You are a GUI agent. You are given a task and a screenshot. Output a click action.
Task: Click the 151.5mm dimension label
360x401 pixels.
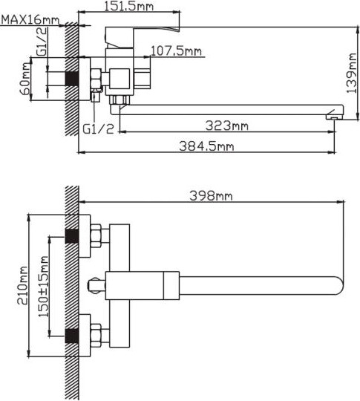tap(129, 6)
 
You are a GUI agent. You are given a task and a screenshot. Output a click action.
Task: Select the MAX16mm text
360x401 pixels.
tap(30, 20)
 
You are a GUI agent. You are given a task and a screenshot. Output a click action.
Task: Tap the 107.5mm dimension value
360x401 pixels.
tap(176, 51)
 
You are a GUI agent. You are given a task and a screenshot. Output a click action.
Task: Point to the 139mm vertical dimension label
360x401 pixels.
tap(352, 74)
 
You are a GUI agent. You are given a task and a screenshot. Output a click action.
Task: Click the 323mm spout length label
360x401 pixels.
tap(227, 125)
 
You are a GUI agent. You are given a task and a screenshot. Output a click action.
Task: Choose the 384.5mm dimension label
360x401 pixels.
tap(206, 146)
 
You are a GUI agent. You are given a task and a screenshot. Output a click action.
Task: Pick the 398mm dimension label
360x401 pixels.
tap(212, 196)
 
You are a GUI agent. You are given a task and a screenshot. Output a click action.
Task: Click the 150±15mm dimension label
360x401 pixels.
tap(44, 287)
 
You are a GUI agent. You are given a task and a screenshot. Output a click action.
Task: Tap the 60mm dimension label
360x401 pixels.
tap(25, 79)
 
